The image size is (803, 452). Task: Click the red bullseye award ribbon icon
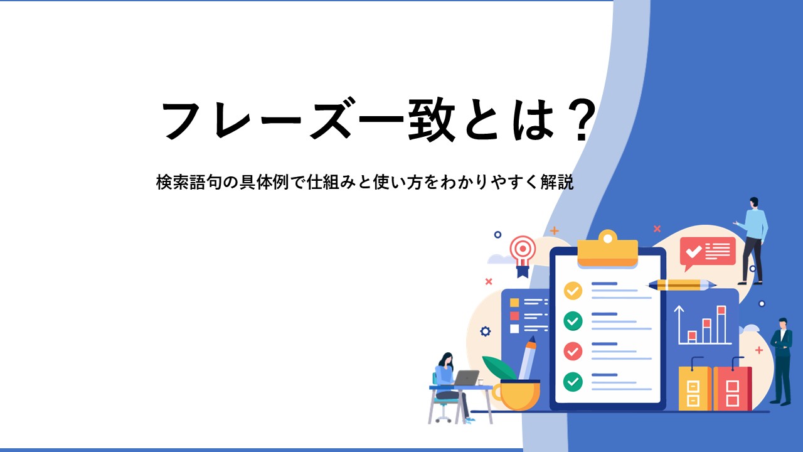pos(523,255)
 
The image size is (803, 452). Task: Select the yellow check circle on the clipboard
pos(573,291)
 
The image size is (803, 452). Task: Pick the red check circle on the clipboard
pos(573,351)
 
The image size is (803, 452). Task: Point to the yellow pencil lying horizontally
pos(682,285)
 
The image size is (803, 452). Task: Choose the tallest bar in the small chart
pos(721,325)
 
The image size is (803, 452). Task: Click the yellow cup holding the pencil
pos(516,395)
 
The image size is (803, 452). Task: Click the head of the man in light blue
pos(753,203)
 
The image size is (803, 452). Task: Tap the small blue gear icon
pos(486,331)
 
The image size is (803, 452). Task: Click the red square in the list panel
pos(514,316)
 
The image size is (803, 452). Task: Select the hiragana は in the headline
pos(534,120)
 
